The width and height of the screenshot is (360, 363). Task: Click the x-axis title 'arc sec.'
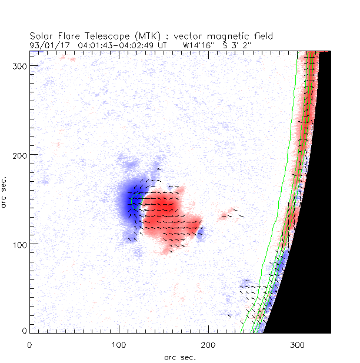coord(180,357)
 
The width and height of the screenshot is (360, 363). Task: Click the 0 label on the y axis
coord(24,332)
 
